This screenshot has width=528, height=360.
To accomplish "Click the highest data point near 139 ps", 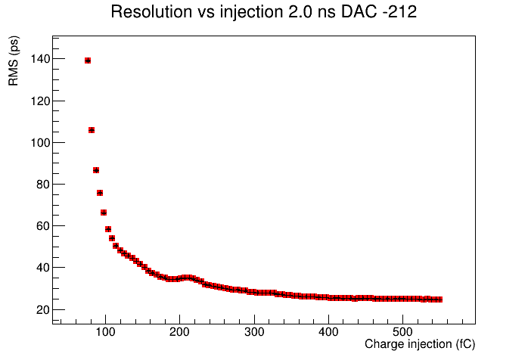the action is click(88, 61).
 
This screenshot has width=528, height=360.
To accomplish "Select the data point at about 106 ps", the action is click(92, 130).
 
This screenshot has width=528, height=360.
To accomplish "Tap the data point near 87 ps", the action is click(96, 170).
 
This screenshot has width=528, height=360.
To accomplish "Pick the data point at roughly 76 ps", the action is click(100, 193).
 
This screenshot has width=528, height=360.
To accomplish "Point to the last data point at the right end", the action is click(439, 299).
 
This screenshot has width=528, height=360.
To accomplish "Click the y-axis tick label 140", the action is click(40, 59).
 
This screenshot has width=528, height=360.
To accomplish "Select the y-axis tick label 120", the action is click(40, 101).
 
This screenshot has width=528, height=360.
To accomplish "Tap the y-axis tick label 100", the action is click(40, 143).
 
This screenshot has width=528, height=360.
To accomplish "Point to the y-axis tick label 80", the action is click(43, 185).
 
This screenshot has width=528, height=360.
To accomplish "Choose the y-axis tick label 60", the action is click(43, 226).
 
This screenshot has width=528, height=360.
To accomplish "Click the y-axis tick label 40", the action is click(43, 268).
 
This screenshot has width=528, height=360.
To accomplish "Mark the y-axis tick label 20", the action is click(43, 309).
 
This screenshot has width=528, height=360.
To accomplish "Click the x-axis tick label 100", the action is click(105, 332).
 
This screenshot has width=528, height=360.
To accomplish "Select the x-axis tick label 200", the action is click(180, 332).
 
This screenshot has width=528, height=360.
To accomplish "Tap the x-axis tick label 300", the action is click(254, 332).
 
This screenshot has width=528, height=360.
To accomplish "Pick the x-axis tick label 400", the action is click(328, 332).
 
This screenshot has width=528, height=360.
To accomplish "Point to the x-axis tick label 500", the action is click(402, 332).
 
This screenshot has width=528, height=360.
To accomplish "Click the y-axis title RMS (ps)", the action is click(14, 61).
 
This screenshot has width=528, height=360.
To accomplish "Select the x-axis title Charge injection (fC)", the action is click(420, 344).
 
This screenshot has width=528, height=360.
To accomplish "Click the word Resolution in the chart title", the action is click(151, 12).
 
